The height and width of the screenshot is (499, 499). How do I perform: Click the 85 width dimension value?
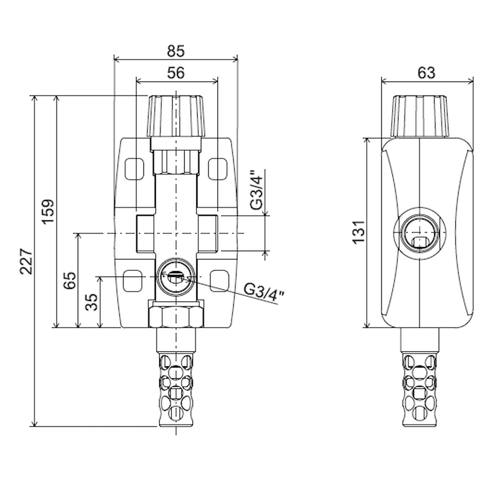(175, 51)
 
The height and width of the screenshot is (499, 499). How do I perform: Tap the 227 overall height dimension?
(26, 262)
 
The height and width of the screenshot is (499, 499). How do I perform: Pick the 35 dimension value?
(92, 302)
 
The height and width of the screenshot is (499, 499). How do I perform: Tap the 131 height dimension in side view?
(359, 232)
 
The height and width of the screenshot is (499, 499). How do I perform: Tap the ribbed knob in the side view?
(420, 116)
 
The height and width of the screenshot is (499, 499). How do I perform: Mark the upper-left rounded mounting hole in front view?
(134, 168)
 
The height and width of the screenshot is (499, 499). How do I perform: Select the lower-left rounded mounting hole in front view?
(133, 280)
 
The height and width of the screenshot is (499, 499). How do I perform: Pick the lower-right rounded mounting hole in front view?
(220, 280)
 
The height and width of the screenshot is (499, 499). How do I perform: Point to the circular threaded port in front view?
(176, 276)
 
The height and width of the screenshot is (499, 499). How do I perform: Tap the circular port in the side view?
(420, 233)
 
